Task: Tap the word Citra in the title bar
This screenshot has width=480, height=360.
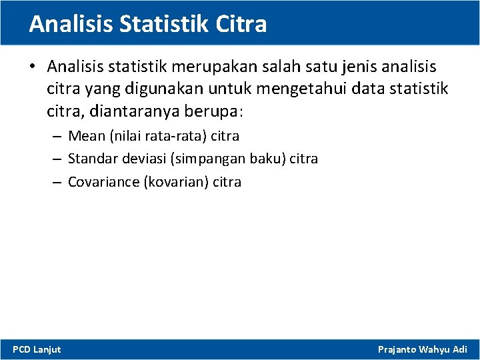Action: [x=241, y=24]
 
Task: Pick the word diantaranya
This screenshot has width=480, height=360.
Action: [x=122, y=110]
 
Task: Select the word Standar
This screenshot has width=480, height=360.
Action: [x=92, y=159]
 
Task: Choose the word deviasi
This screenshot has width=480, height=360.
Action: [x=142, y=159]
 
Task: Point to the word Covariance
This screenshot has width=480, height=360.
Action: [x=103, y=181]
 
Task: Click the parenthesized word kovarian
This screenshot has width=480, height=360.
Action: [x=176, y=181]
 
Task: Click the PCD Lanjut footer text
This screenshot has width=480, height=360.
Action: [x=37, y=349]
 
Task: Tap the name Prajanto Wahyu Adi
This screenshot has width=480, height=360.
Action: [x=422, y=349]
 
